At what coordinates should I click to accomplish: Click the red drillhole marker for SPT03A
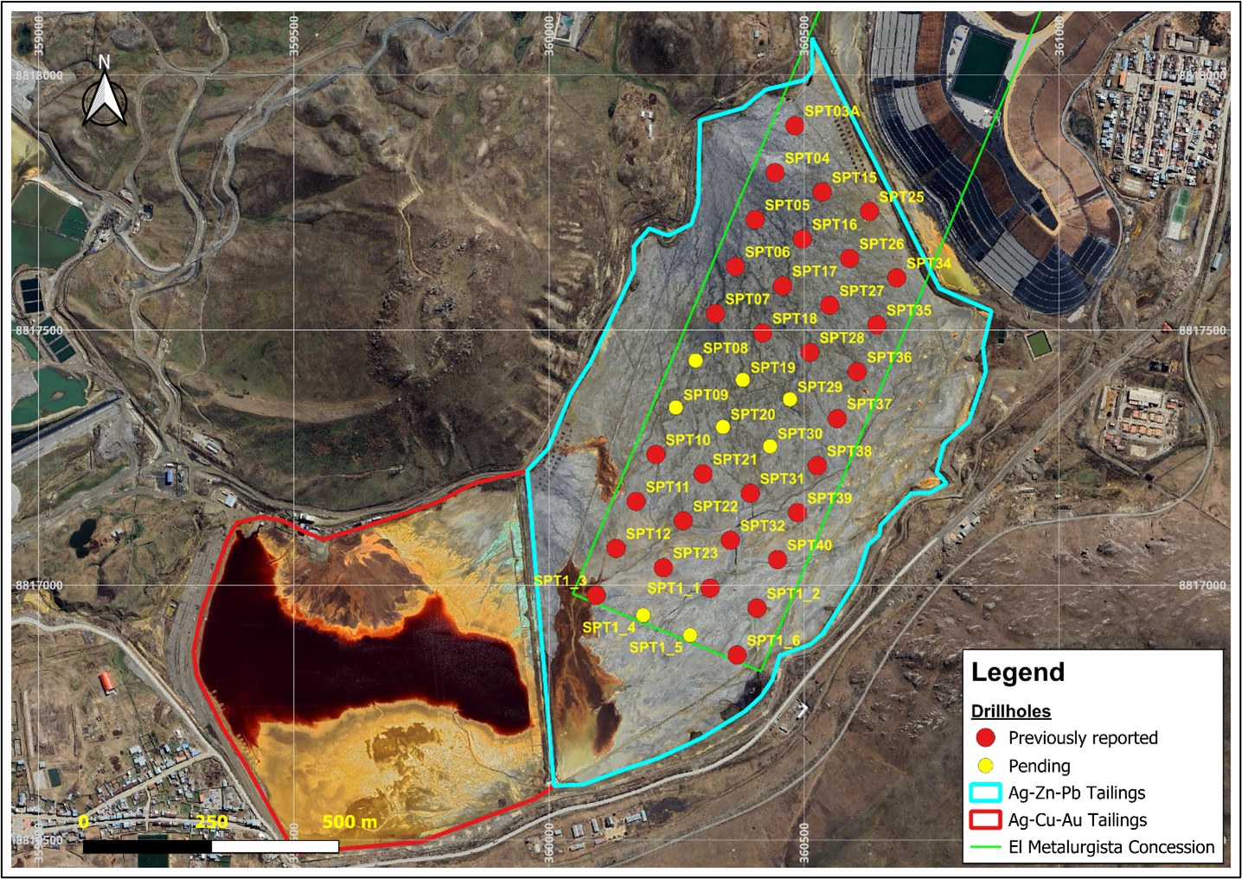(x=795, y=125)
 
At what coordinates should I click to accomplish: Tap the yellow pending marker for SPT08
(x=695, y=360)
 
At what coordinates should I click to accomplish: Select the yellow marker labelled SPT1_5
(x=690, y=635)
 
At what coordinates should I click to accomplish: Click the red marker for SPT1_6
(x=737, y=655)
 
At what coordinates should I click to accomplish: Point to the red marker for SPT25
(x=869, y=212)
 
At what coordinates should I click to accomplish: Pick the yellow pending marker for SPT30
(x=770, y=447)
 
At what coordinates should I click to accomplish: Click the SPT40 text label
(x=810, y=545)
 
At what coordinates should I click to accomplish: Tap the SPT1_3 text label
(x=560, y=581)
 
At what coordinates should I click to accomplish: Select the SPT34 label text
(x=928, y=264)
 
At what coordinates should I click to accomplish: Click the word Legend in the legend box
(x=1018, y=672)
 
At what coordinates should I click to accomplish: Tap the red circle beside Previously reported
(x=985, y=738)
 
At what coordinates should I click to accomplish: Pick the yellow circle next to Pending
(x=985, y=766)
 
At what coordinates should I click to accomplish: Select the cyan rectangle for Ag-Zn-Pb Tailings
(x=985, y=793)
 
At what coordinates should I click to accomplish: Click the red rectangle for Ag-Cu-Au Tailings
(x=985, y=820)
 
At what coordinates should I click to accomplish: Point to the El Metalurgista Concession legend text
(x=1111, y=848)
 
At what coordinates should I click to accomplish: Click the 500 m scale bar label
(x=349, y=822)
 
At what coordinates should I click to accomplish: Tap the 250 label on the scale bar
(x=212, y=822)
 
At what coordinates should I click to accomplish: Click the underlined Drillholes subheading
(x=1010, y=711)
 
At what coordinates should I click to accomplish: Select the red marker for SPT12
(x=616, y=548)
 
